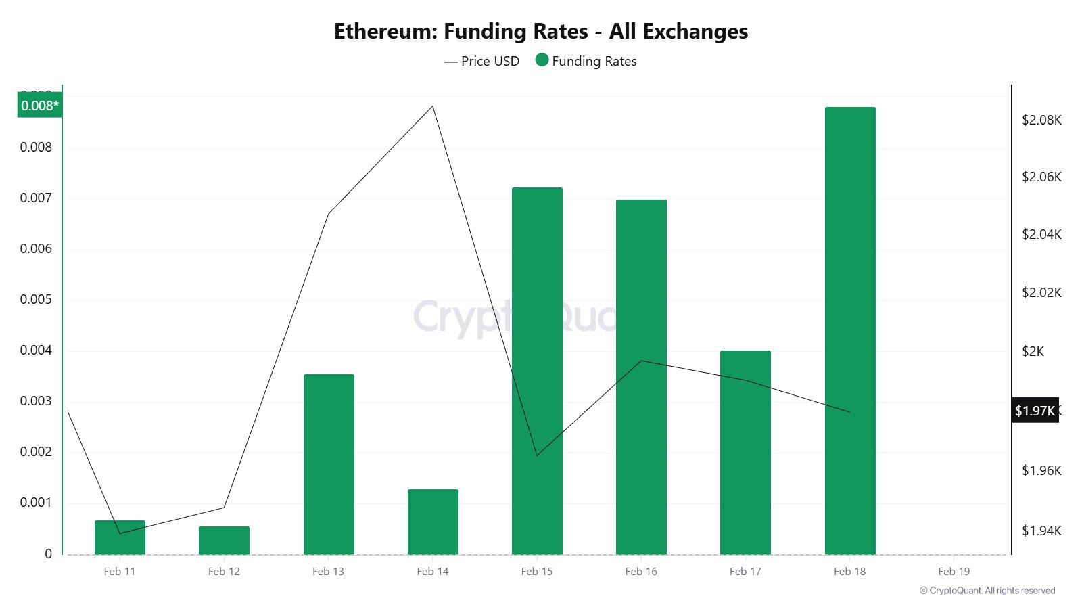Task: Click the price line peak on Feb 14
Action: pos(433,106)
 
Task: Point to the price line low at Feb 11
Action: pos(120,533)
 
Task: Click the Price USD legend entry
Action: pos(481,61)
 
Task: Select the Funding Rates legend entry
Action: pos(586,61)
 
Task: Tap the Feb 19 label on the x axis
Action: pos(954,571)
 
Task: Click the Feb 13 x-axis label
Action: pos(328,571)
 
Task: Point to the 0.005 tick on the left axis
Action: pos(36,299)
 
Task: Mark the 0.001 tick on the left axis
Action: pos(36,502)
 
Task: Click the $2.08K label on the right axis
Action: pos(1041,120)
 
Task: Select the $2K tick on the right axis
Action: pos(1033,351)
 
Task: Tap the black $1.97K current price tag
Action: pos(1035,411)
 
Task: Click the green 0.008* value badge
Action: pos(39,106)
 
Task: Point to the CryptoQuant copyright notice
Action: pos(987,591)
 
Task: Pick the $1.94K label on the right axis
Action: pos(1041,531)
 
